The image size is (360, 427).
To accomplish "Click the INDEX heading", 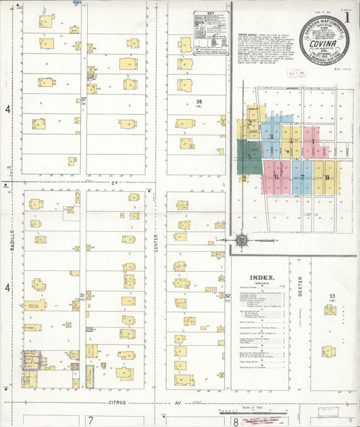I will [262, 277].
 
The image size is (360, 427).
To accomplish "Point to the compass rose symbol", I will [242, 239].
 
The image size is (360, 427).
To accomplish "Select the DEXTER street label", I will [300, 288].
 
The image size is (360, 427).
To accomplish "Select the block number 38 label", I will [199, 101].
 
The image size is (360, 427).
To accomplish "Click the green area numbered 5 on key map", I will [249, 156].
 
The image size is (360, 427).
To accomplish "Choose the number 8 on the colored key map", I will [327, 178].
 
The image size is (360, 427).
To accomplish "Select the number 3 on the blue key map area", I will [272, 136].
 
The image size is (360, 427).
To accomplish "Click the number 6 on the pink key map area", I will [276, 177].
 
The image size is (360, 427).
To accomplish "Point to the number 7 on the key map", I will [302, 178].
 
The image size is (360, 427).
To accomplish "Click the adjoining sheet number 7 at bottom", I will [90, 420].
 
